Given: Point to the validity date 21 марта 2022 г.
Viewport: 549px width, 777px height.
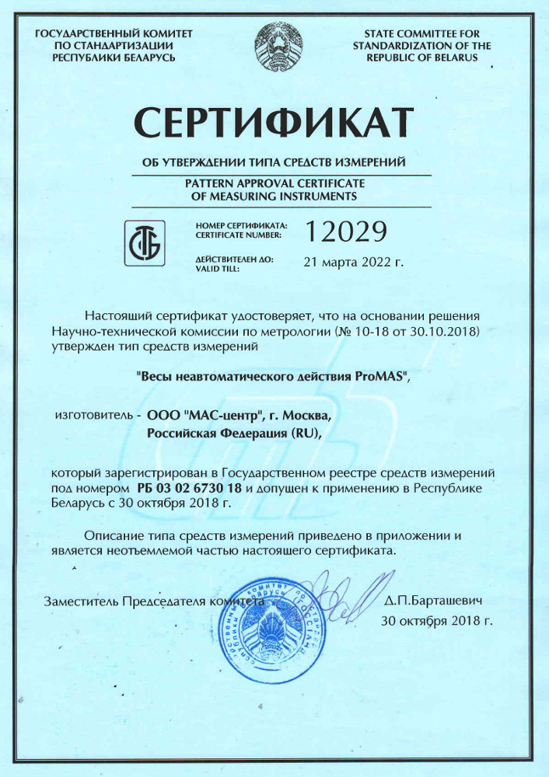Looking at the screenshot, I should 354,263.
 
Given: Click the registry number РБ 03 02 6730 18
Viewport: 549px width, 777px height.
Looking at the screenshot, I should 189,488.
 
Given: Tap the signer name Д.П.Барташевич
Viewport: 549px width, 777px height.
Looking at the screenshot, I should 435,601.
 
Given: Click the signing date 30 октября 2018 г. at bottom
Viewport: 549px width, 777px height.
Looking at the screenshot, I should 437,621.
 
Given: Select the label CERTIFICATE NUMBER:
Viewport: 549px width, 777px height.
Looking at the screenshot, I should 239,234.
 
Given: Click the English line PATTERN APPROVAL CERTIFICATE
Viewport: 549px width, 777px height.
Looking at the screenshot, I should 274,183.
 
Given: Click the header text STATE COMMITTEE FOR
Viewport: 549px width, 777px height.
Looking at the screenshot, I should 421,34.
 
